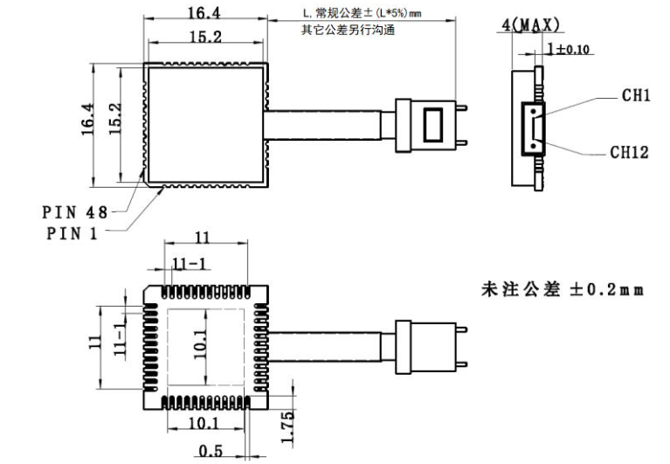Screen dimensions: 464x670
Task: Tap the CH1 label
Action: pyautogui.click(x=635, y=95)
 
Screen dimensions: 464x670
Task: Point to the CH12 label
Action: pyautogui.click(x=629, y=152)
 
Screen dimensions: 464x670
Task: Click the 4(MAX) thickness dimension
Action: pyautogui.click(x=530, y=25)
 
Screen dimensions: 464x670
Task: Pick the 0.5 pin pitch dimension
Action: pyautogui.click(x=209, y=452)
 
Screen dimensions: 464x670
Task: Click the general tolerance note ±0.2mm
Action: pyautogui.click(x=563, y=289)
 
